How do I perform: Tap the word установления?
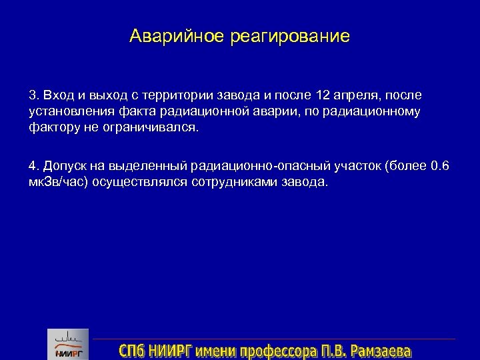pos(65,112)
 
